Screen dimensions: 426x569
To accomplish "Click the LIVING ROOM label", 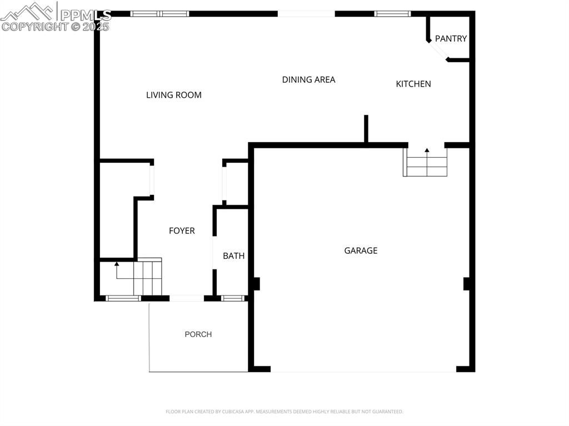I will tap(173, 95).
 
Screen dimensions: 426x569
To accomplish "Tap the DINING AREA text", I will tap(308, 79).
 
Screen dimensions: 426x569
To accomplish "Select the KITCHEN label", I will tap(413, 84).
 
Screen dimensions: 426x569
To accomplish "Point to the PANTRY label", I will tap(451, 39).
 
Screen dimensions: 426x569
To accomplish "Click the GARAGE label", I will tap(361, 250).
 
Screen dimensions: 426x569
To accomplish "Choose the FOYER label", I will tap(182, 230).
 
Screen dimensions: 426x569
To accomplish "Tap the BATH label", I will tap(233, 256).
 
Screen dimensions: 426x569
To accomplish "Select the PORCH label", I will tap(198, 334).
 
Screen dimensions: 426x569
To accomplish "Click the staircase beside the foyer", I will tap(147, 277).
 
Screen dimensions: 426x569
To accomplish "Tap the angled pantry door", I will tap(438, 50).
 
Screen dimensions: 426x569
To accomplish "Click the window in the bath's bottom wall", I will tap(233, 298).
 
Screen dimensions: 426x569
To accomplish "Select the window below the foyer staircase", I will tap(123, 298).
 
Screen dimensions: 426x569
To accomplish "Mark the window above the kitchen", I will tap(392, 14).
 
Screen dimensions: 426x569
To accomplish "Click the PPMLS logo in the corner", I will tap(56, 17).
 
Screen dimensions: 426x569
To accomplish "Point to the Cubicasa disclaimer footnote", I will tap(284, 412).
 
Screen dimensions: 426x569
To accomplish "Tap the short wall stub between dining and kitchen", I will tap(366, 129).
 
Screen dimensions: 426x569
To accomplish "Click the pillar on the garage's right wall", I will tap(467, 284).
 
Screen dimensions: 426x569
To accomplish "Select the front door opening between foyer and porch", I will tap(186, 298).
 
